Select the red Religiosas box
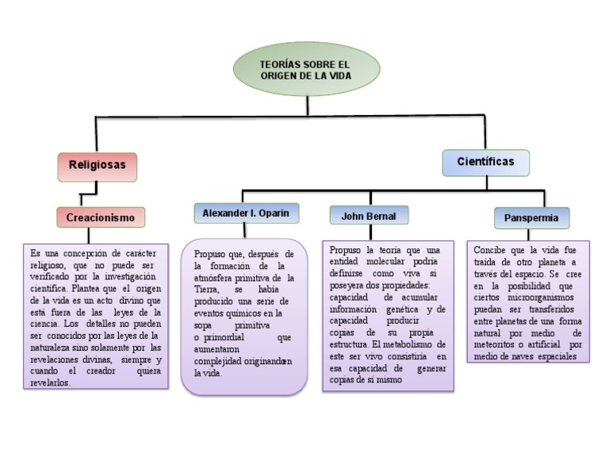pos(97,166)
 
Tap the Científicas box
pos(485,162)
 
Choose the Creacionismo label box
pos(100,217)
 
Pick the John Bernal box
pos(369,216)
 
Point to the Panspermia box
pos(531,217)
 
